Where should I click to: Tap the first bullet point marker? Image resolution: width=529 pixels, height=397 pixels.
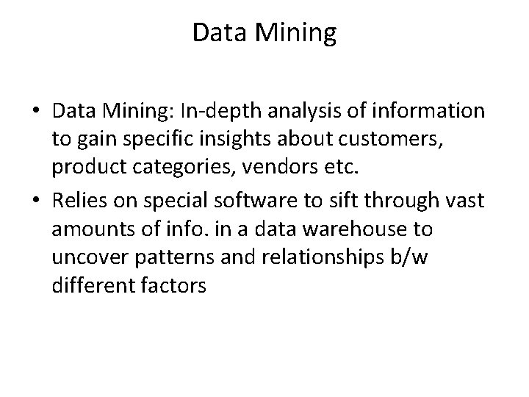35,112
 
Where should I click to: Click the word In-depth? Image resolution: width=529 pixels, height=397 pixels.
240,111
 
